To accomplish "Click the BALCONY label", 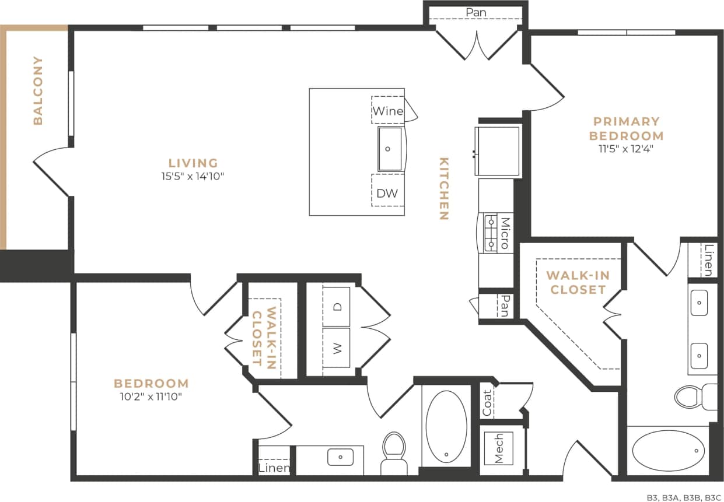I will coord(38,90).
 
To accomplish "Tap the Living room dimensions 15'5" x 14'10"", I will coord(193,177).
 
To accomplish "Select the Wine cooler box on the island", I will coord(388,110).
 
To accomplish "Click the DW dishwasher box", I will coord(387,193).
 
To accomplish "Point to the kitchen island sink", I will coord(389,149).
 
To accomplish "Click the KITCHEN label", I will coord(443,189).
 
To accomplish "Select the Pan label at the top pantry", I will coord(475,12).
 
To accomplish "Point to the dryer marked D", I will coord(337,307).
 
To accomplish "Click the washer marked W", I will coord(337,348).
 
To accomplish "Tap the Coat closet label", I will coord(487,402).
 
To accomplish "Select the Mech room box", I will coord(498,448).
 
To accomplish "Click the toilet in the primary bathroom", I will coord(694,396).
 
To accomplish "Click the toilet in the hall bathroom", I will coord(394,452).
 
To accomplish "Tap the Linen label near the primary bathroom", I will coord(708,260).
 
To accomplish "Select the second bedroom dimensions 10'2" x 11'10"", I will coord(151,398).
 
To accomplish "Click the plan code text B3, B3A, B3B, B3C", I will coord(684,497).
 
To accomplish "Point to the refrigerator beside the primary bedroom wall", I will coord(498,150).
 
